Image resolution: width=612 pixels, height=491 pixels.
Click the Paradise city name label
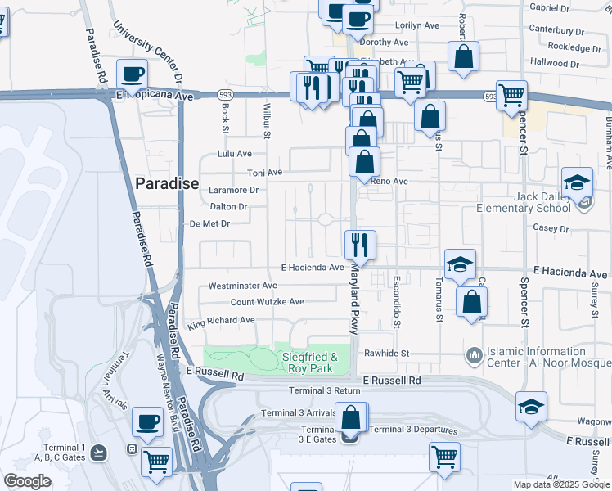[167, 183]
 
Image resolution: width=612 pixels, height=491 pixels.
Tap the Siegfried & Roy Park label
[309, 363]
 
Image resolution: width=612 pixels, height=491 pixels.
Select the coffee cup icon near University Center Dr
[132, 75]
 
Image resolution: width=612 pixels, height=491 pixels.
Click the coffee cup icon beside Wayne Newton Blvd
[148, 422]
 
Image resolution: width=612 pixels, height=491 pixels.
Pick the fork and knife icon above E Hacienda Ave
[359, 244]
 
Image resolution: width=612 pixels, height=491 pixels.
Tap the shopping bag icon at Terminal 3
[351, 418]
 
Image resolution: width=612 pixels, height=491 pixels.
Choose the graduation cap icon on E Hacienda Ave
[460, 264]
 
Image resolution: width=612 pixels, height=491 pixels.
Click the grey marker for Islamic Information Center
[473, 355]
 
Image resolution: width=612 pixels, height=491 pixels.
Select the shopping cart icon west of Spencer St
[511, 94]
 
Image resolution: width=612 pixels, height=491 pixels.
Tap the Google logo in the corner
[27, 481]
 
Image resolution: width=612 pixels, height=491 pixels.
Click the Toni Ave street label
[264, 173]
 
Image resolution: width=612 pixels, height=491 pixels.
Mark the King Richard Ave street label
[221, 321]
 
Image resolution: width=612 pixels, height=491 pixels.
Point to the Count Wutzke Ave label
[267, 302]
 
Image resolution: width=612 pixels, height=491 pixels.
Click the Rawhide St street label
[387, 354]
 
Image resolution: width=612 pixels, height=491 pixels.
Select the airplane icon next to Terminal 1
[99, 451]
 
